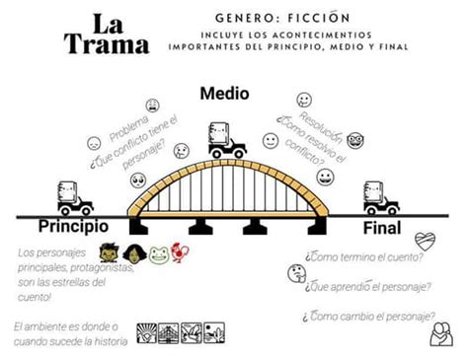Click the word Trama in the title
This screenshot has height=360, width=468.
point(107,43)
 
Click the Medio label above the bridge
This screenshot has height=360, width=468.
point(224,94)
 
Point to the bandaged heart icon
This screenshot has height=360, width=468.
point(426,242)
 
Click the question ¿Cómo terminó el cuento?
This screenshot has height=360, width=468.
point(364,258)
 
